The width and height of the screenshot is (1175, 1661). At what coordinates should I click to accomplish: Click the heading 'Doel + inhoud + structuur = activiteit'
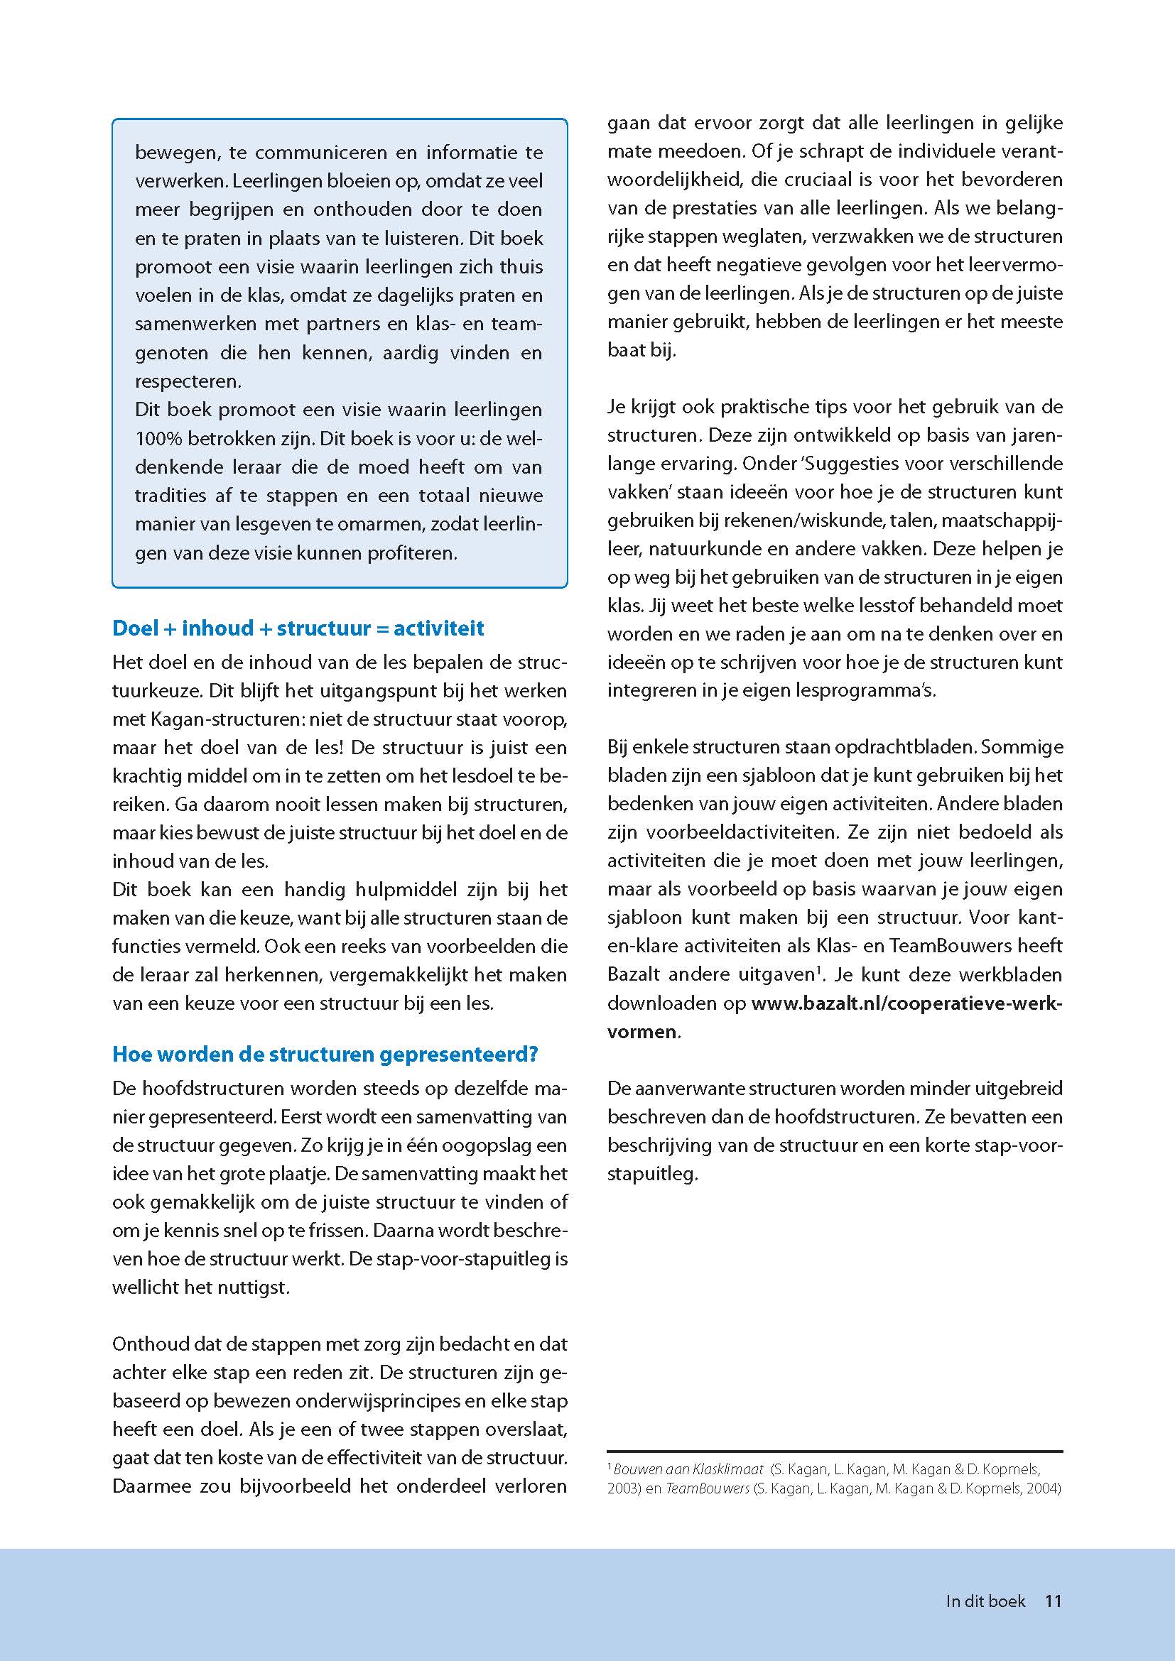coord(298,628)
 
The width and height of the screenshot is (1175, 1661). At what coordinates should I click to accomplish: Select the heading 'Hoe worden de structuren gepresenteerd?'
coord(325,1054)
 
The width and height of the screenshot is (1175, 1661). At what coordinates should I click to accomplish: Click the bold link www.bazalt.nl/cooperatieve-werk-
coord(906,1003)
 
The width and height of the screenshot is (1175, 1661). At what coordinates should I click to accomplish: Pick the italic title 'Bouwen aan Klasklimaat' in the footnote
coord(688,1469)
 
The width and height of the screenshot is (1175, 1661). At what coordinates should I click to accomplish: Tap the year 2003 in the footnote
coord(623,1489)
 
